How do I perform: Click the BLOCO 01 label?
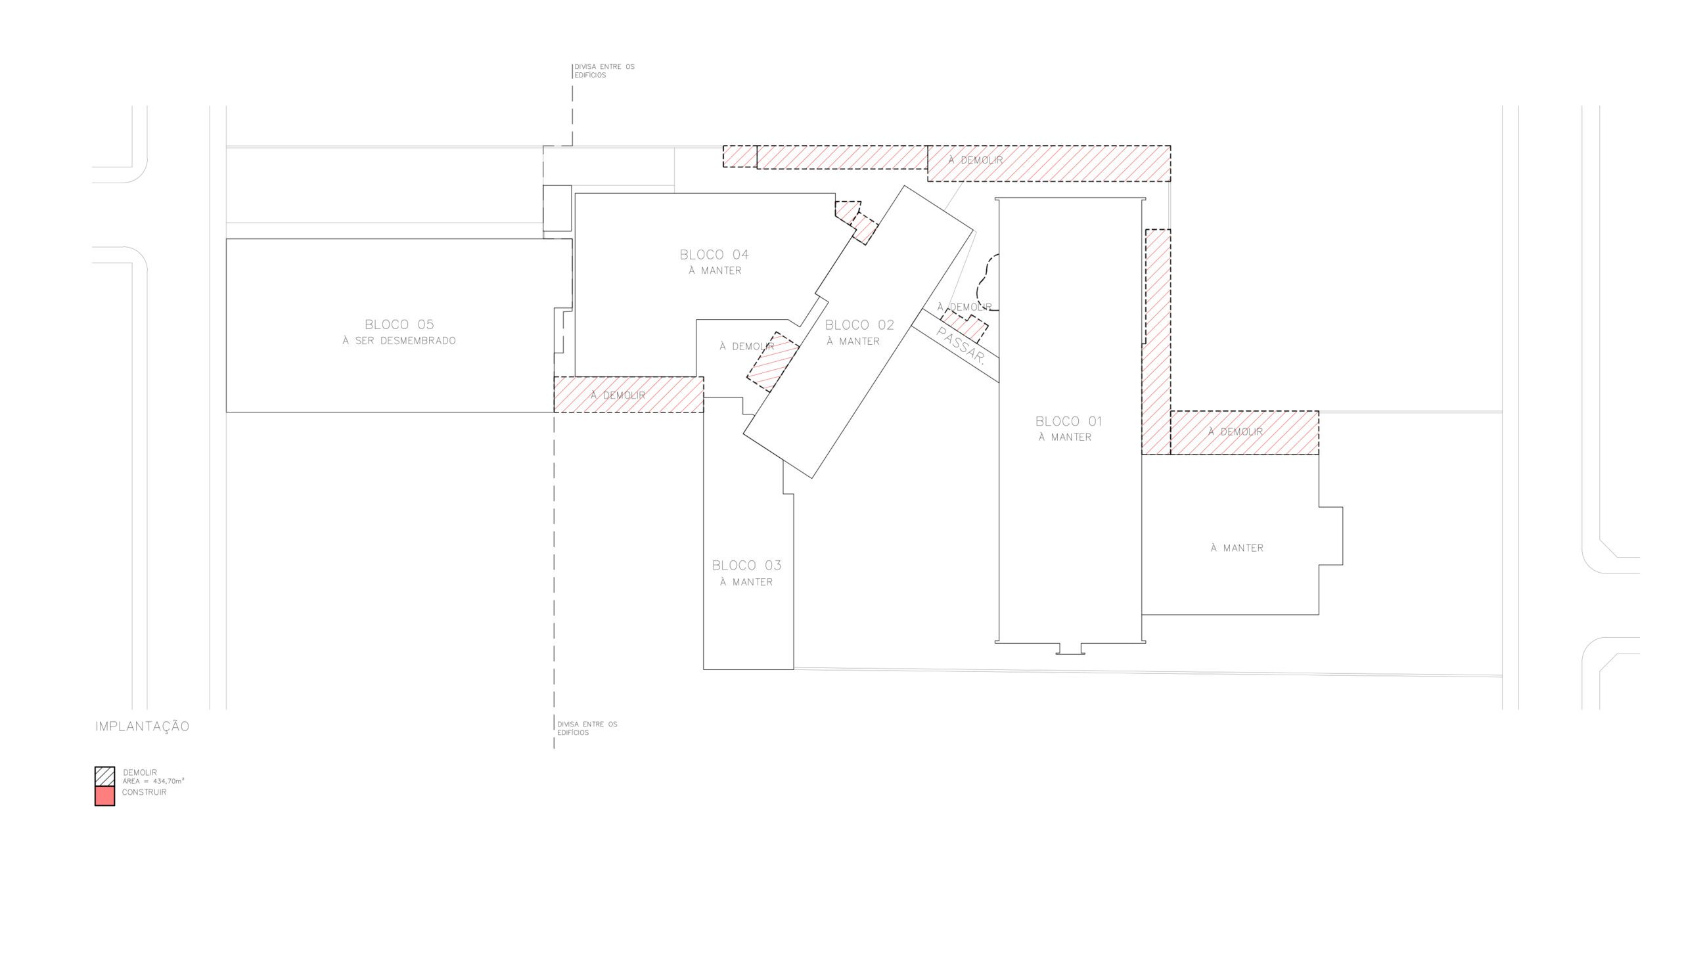click(1068, 421)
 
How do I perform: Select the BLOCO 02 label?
click(859, 324)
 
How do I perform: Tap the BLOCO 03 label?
click(746, 565)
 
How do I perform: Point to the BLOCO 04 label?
click(714, 254)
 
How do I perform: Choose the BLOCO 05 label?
click(399, 324)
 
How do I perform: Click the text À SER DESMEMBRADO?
click(399, 340)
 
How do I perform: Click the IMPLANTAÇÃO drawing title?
click(143, 726)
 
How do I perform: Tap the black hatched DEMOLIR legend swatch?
click(104, 776)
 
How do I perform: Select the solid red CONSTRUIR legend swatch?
click(104, 795)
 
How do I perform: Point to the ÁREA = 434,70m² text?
click(154, 781)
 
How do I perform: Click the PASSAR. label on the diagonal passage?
click(960, 346)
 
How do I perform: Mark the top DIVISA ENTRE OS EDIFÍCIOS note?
click(604, 70)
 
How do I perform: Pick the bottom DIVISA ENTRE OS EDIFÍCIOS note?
click(587, 728)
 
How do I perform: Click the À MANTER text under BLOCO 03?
click(746, 581)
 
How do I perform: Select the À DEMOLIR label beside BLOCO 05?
click(618, 395)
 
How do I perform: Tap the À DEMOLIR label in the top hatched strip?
click(976, 160)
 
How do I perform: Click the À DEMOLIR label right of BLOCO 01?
click(1235, 432)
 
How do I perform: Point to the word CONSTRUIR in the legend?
click(145, 792)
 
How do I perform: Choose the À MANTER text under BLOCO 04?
click(715, 270)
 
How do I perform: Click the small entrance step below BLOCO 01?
click(1070, 649)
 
